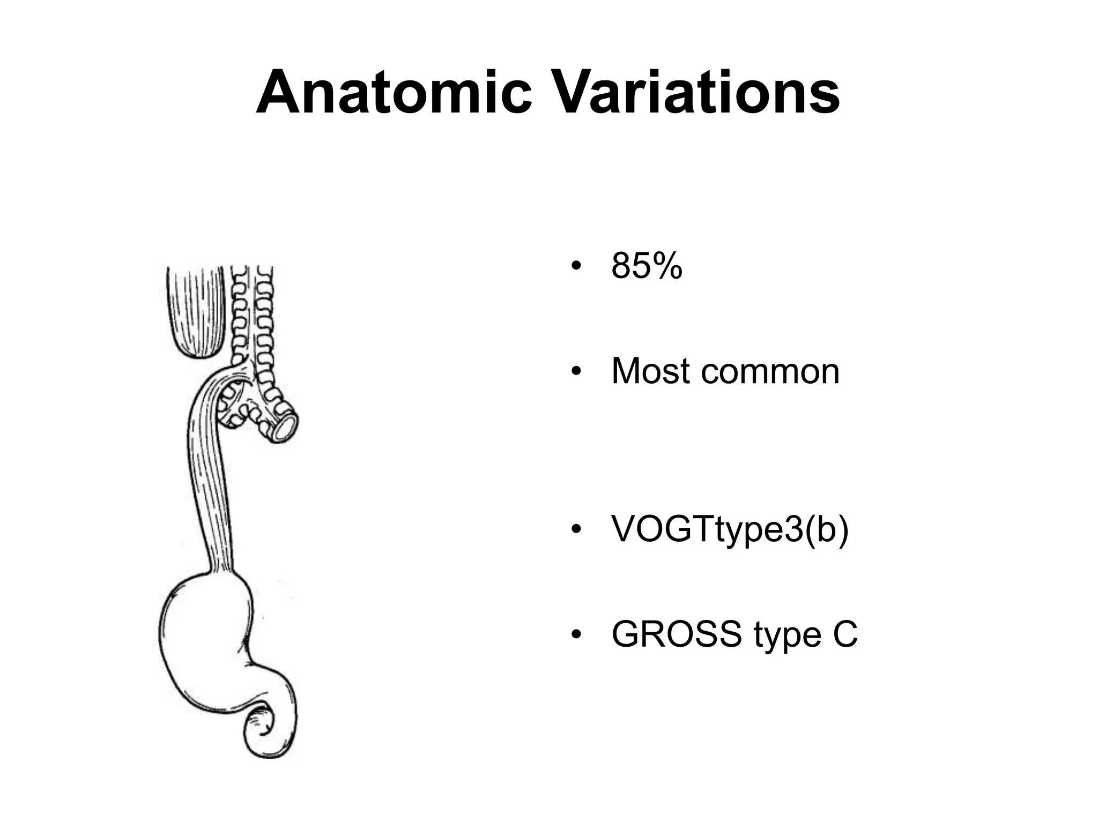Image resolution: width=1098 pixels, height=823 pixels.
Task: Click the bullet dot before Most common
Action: [x=576, y=371]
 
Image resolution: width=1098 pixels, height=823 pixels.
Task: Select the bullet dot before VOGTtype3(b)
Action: [x=576, y=530]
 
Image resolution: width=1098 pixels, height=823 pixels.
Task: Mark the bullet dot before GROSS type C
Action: [x=576, y=635]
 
